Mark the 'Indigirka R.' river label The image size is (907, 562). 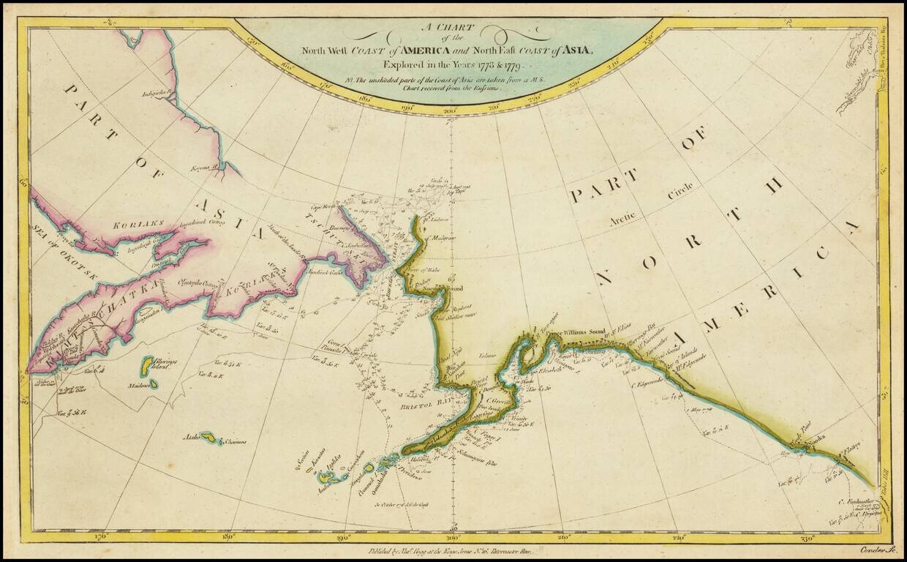pos(163,94)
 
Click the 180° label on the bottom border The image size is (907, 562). pos(231,536)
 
